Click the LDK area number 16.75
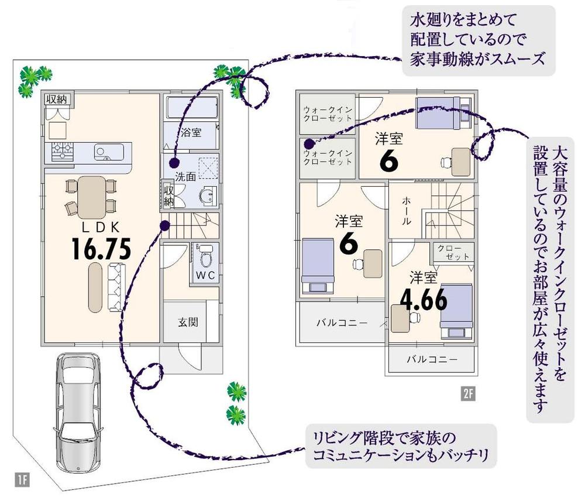[x=100, y=249]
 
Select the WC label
[x=204, y=274]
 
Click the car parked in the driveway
[x=74, y=409]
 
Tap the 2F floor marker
[x=467, y=393]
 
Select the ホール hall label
[x=407, y=210]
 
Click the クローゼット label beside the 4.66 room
[x=453, y=252]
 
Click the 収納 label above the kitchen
[x=57, y=98]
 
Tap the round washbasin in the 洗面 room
[x=206, y=196]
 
